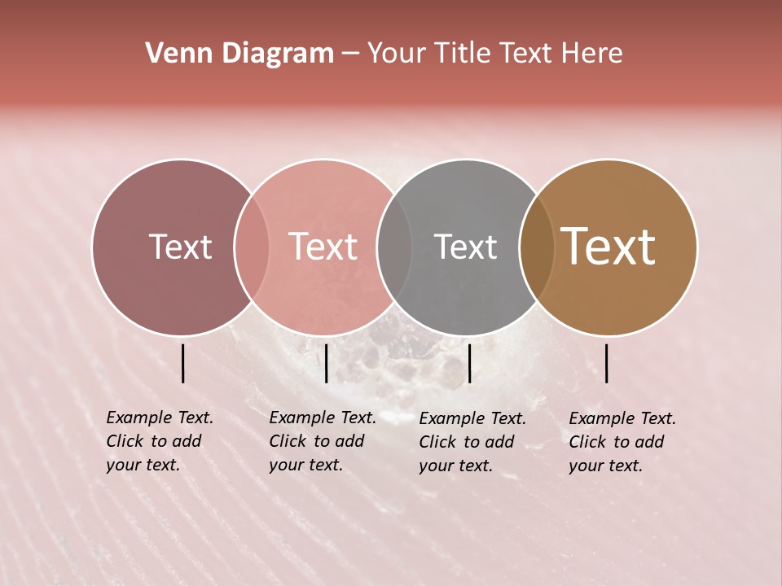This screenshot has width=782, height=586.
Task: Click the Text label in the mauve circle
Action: [x=180, y=247]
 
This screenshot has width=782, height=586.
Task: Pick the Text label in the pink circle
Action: [x=323, y=247]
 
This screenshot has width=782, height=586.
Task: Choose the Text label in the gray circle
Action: [x=465, y=247]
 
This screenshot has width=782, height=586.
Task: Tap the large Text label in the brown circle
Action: [x=608, y=247]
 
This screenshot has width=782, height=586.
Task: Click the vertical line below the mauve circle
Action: [x=182, y=363]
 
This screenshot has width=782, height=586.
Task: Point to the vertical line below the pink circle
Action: [x=326, y=363]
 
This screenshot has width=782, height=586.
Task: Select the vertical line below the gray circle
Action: [x=469, y=363]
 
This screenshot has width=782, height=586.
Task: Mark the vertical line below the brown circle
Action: [x=607, y=363]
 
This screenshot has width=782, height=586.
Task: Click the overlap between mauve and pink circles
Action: [x=252, y=247]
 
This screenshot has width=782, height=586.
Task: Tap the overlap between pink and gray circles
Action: [x=394, y=247]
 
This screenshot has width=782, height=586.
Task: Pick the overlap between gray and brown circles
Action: [x=537, y=247]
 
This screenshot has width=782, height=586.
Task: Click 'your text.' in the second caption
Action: [x=306, y=466]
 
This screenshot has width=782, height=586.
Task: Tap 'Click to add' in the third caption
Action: [x=467, y=442]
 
